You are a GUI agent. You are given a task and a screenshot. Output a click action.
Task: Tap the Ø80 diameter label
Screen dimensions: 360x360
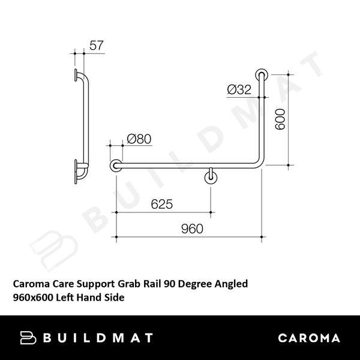coord(139,139)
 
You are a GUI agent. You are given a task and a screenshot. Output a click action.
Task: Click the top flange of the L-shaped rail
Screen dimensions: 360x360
coord(262,74)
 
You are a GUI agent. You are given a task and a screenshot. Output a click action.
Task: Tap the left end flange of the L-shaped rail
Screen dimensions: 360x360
coord(115,166)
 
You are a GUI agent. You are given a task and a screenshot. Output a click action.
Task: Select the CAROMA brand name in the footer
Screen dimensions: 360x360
coord(309,338)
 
